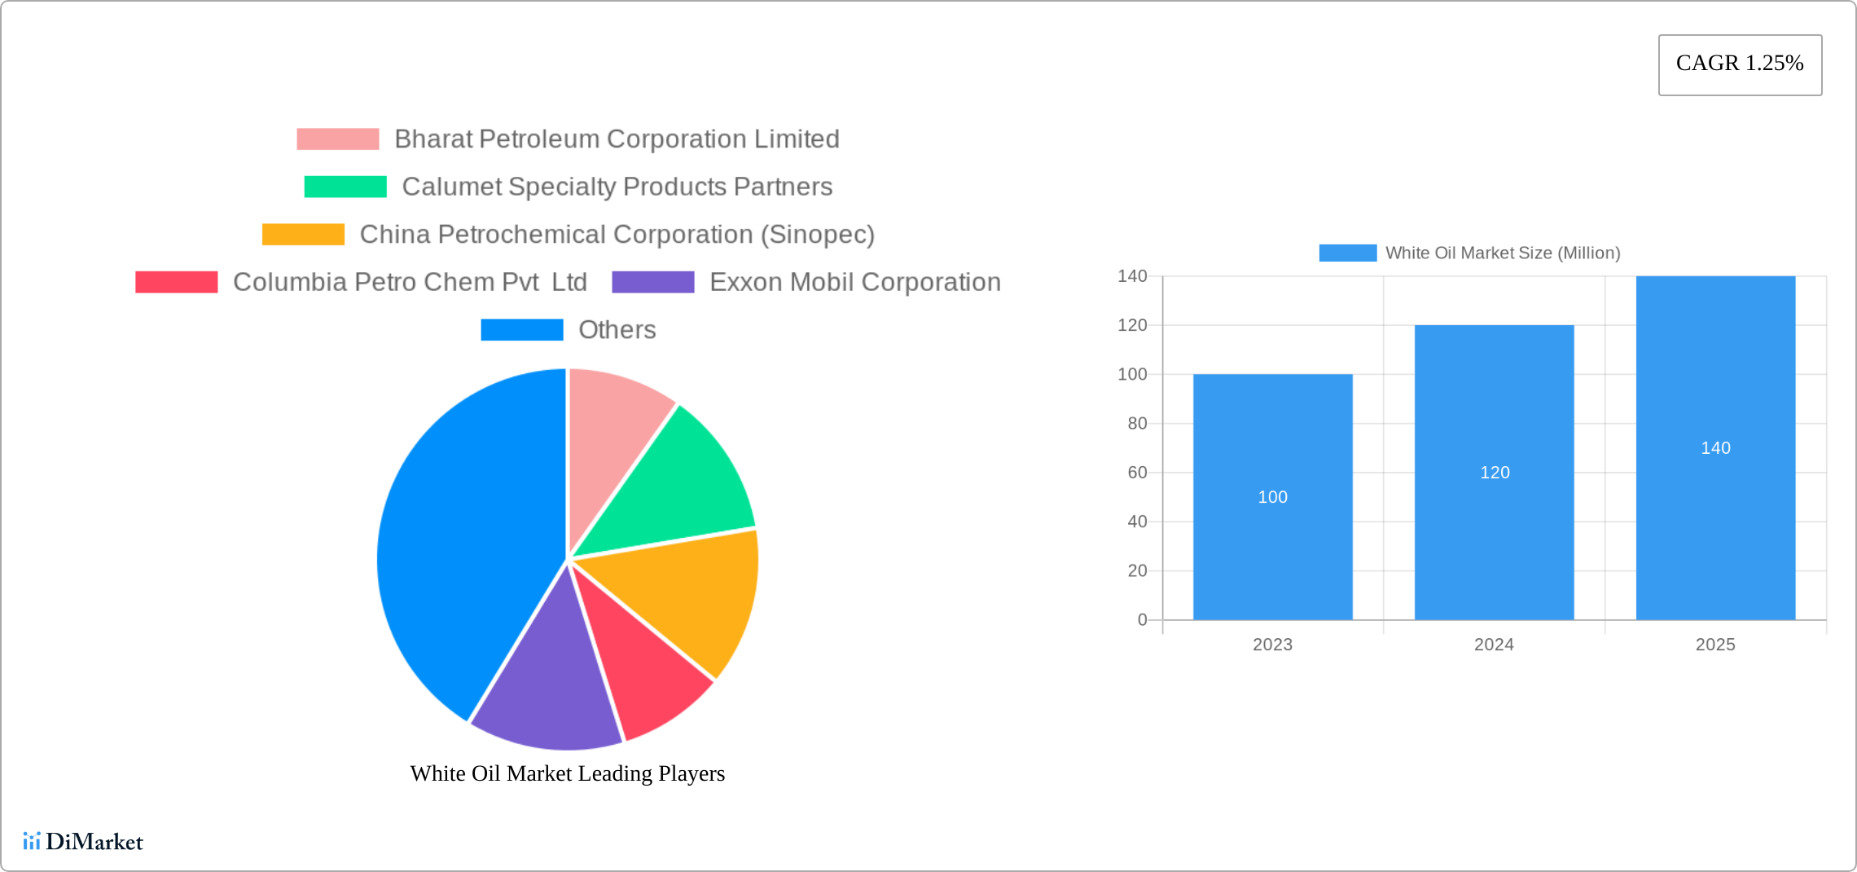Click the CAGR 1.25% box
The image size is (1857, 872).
[x=1740, y=64]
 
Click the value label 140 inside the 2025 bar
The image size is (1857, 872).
[x=1715, y=448]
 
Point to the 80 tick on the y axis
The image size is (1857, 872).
[x=1136, y=424]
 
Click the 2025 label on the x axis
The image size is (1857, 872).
[x=1714, y=645]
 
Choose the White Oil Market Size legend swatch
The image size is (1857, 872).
[x=1347, y=253]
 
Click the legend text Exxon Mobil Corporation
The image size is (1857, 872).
[x=854, y=282]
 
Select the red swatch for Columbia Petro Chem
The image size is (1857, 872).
[x=177, y=282]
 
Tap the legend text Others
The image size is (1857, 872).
[x=617, y=330]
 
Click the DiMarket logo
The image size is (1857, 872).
[x=83, y=841]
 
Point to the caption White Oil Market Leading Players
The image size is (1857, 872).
[x=567, y=773]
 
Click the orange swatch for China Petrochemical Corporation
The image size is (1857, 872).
[x=303, y=235]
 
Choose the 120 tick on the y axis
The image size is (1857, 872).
[x=1131, y=325]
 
